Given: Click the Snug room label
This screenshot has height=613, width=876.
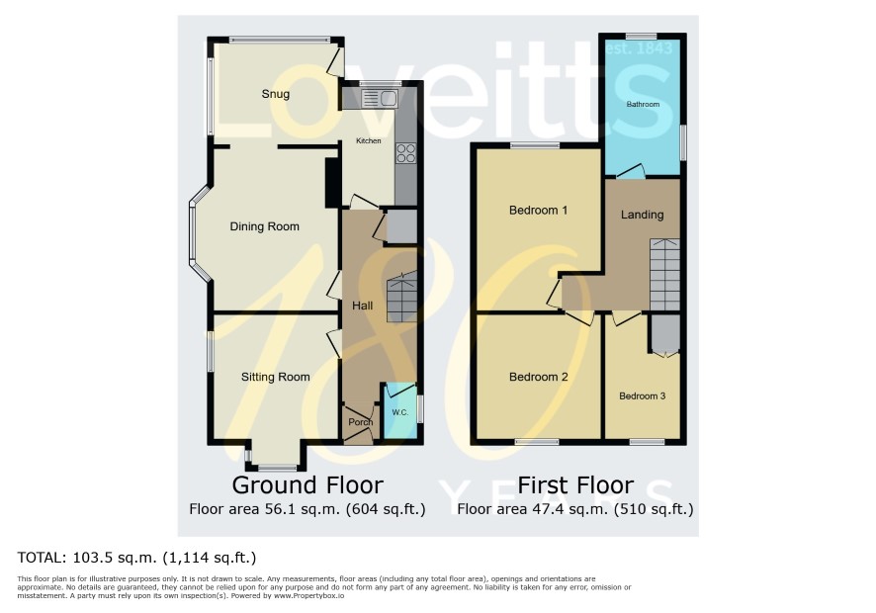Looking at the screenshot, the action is (276, 94).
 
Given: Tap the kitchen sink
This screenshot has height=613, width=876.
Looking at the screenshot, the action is (380, 99).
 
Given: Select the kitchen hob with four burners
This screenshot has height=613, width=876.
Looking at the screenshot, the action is (405, 153).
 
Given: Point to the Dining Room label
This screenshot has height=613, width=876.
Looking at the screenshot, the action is (264, 226).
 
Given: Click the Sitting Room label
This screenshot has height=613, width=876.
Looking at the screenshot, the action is (276, 377).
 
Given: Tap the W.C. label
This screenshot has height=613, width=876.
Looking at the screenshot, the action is (400, 412).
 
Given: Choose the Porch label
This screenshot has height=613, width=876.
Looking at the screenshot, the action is (360, 422).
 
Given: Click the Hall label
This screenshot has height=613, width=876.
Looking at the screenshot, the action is (362, 306).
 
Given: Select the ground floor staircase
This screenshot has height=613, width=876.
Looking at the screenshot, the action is (401, 297).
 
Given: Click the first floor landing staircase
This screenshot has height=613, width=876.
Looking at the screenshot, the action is (664, 275).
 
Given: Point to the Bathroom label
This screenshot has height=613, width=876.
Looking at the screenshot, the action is (643, 104).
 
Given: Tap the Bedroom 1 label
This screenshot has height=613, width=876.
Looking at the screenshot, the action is (538, 211).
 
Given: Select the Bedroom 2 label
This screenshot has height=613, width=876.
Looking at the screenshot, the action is (538, 377).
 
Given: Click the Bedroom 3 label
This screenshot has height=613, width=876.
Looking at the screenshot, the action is (642, 395).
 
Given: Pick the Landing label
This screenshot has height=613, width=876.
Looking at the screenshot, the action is (642, 215).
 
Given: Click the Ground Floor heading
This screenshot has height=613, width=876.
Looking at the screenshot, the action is (307, 485).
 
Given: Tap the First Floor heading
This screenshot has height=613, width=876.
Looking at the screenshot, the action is (575, 485).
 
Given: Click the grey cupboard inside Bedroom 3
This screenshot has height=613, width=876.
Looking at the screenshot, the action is (664, 333).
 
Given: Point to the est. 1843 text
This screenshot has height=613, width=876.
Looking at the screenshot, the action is (639, 48).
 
